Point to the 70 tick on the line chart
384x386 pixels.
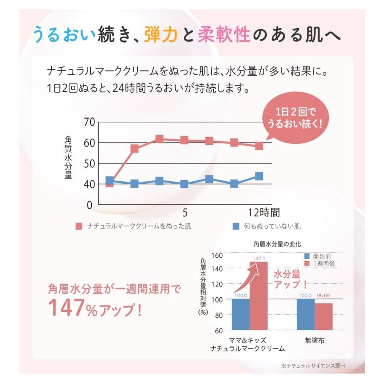(89, 122)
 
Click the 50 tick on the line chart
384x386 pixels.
(89, 163)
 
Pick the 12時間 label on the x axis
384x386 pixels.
(264, 213)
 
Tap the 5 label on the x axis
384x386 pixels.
(185, 213)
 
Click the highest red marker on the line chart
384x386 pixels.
(160, 139)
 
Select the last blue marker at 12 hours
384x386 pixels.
(259, 176)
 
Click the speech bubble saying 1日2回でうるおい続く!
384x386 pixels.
(295, 118)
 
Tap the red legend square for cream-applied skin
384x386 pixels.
(79, 226)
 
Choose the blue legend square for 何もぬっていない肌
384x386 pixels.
(236, 226)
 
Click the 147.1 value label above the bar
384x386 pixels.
(259, 258)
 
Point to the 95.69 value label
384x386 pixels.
(323, 295)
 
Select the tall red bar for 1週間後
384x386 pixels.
(259, 295)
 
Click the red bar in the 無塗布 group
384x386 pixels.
(323, 316)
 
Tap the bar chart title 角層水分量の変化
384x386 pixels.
(277, 244)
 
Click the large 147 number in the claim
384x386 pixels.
(68, 308)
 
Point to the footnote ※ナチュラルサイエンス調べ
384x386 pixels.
(313, 366)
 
